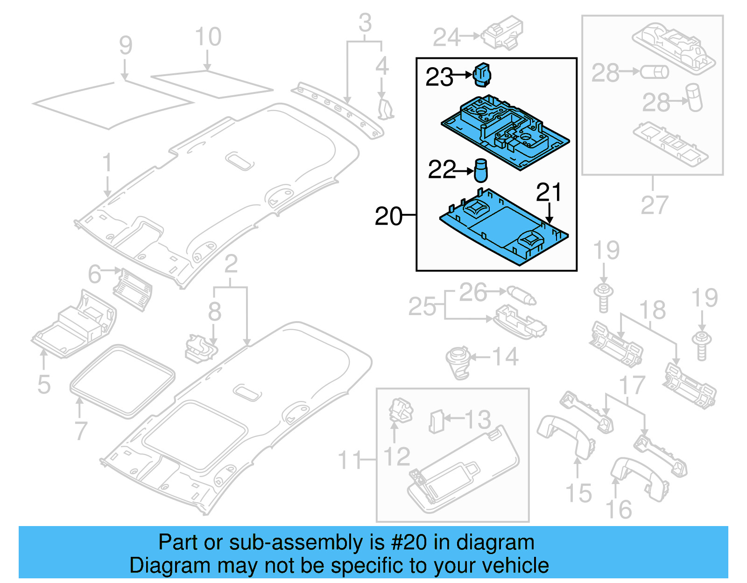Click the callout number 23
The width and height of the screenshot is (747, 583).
(x=439, y=77)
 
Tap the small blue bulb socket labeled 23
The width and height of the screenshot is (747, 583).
(x=482, y=75)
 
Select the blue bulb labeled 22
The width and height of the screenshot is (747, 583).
(x=481, y=170)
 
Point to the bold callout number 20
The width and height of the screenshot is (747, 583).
(x=388, y=216)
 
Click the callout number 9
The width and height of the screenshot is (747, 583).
(x=125, y=45)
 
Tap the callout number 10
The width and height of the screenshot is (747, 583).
(x=208, y=37)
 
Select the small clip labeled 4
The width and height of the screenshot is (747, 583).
(x=385, y=108)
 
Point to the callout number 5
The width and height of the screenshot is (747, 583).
(x=44, y=384)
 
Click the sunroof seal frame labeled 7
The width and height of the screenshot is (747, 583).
(x=122, y=381)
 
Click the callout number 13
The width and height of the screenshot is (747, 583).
(x=478, y=419)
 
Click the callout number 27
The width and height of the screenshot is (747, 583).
(x=654, y=205)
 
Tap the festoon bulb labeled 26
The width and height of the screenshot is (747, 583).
(x=521, y=295)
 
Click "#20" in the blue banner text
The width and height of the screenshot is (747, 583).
(x=409, y=542)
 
